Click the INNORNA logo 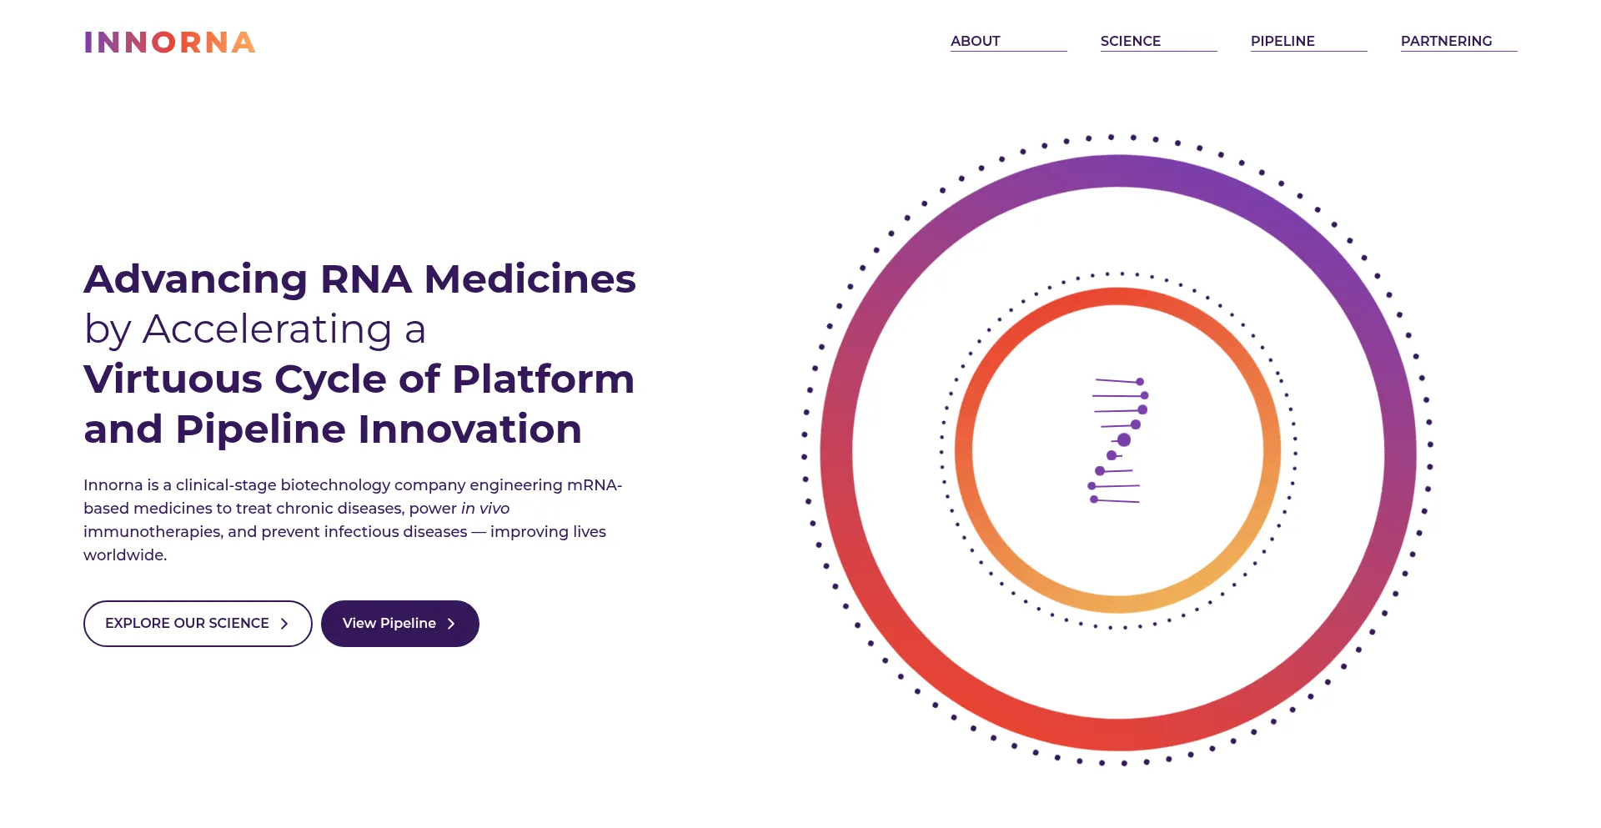pyautogui.click(x=170, y=43)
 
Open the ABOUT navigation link pyautogui.click(x=976, y=41)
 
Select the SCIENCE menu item pyautogui.click(x=1131, y=41)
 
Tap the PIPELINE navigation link pyautogui.click(x=1282, y=41)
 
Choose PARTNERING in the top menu pyautogui.click(x=1447, y=41)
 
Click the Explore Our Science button pyautogui.click(x=198, y=624)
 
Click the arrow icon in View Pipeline pyautogui.click(x=451, y=624)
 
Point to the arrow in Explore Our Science pyautogui.click(x=284, y=624)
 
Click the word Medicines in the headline pyautogui.click(x=530, y=279)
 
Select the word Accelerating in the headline pyautogui.click(x=268, y=330)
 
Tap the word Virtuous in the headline pyautogui.click(x=173, y=379)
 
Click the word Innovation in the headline pyautogui.click(x=469, y=429)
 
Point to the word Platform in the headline pyautogui.click(x=544, y=379)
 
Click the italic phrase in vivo pyautogui.click(x=485, y=509)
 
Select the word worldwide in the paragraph pyautogui.click(x=123, y=555)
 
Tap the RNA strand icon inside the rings pyautogui.click(x=1118, y=441)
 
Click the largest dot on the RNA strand pyautogui.click(x=1124, y=439)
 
